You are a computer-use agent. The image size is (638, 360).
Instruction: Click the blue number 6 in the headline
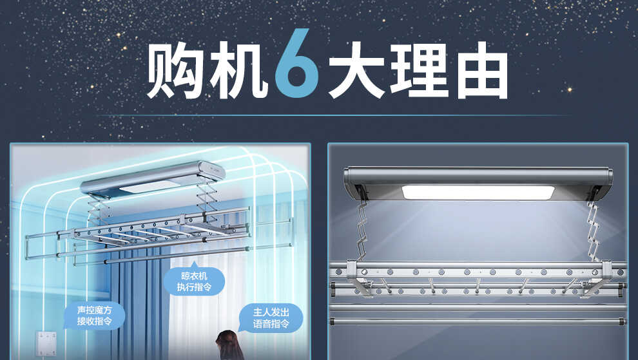(296, 63)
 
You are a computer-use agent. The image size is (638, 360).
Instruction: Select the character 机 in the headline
(238, 70)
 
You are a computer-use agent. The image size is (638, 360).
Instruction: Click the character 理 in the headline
(420, 70)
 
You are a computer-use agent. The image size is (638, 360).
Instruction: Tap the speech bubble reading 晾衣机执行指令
(194, 281)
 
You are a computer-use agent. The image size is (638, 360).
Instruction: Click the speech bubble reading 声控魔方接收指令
(94, 316)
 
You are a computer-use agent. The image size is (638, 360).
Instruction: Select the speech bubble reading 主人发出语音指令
(271, 317)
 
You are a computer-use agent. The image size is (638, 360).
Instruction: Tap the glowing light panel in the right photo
(478, 193)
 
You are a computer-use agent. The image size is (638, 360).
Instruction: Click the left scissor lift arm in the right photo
(360, 230)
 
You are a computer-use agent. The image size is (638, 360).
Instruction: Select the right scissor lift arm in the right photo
(593, 230)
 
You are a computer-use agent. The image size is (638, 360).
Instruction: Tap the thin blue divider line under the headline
(334, 115)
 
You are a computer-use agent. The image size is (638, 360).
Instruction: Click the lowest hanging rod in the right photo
(478, 321)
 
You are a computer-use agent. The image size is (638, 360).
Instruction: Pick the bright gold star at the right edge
(570, 90)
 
